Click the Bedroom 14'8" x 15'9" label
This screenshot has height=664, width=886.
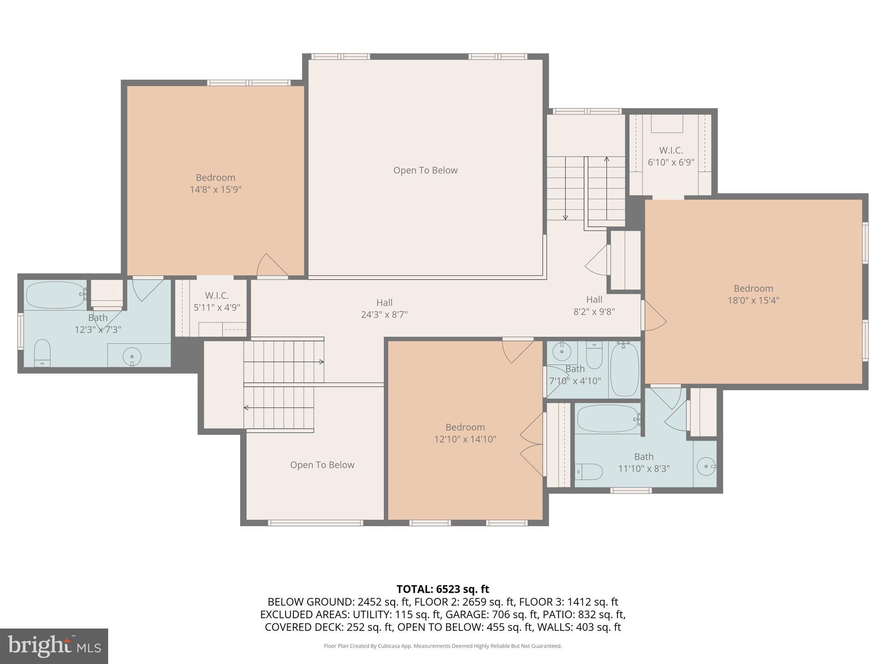[215, 183]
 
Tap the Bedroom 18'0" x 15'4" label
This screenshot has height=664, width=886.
[753, 294]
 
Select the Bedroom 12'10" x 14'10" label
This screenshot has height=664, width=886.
[465, 433]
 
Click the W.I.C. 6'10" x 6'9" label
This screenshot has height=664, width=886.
[671, 156]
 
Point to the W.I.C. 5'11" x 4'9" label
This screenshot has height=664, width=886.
[217, 301]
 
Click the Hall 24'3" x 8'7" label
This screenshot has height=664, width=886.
[384, 309]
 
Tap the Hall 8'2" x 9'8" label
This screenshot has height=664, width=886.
[594, 305]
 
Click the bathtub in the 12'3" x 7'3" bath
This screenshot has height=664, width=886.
[55, 295]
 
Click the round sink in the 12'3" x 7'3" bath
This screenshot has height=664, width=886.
[132, 357]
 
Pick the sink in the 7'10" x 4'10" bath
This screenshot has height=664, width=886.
[562, 352]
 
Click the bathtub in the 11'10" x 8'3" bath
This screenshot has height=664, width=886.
[607, 418]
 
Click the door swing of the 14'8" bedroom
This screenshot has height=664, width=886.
[271, 265]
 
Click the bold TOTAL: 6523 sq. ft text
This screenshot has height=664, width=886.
[443, 589]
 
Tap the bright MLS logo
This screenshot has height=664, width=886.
[54, 646]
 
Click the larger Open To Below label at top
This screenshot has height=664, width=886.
[425, 170]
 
